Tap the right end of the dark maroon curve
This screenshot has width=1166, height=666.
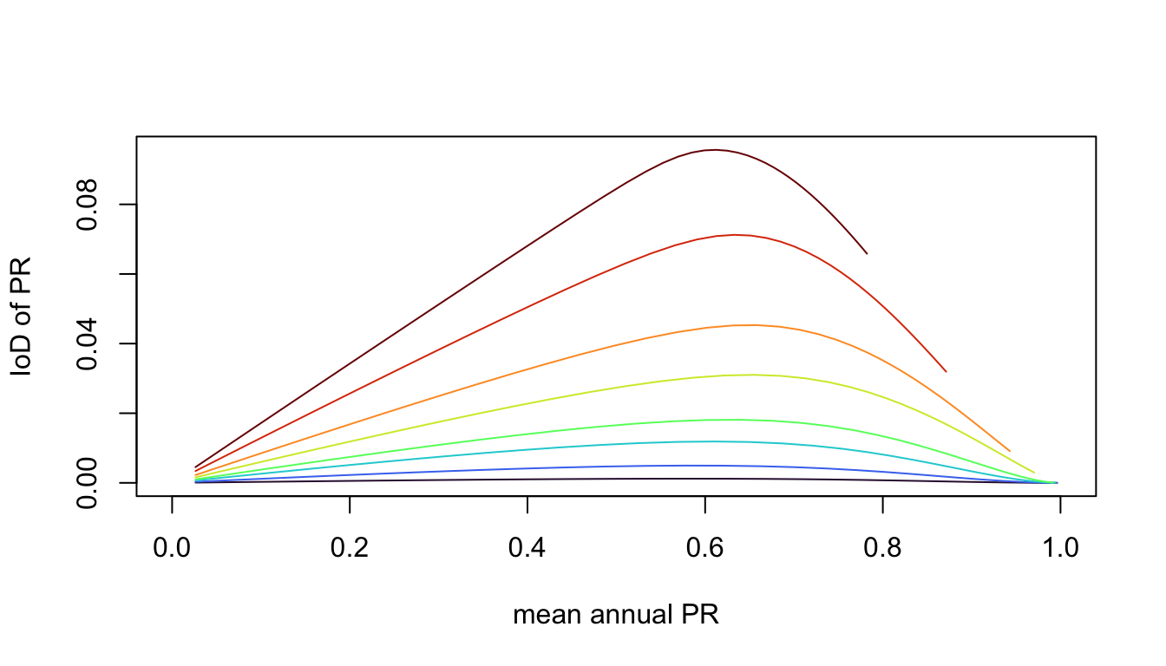[867, 253]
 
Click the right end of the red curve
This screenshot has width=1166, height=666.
[946, 372]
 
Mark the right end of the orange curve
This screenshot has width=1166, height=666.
[1010, 451]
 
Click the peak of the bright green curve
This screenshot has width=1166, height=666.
[733, 420]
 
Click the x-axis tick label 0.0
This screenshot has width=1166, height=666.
[172, 548]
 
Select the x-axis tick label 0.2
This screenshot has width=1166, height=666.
[350, 548]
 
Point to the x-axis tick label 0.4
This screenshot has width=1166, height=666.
[527, 548]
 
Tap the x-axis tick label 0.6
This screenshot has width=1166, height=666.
[704, 548]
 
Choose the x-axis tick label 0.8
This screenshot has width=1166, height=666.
[882, 548]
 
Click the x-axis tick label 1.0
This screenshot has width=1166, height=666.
[1059, 548]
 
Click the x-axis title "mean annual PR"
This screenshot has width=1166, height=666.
[616, 616]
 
